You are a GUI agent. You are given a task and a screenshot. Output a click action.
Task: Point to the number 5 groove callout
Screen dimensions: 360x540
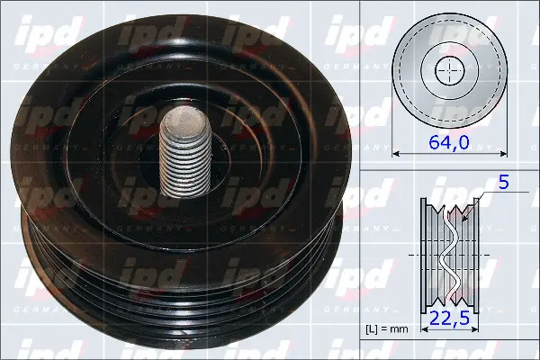pos(504,183)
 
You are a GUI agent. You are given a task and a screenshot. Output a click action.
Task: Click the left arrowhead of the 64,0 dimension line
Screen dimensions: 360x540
pos(397,154)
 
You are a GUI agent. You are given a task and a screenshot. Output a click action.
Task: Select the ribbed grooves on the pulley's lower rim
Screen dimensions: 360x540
pos(180,288)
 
